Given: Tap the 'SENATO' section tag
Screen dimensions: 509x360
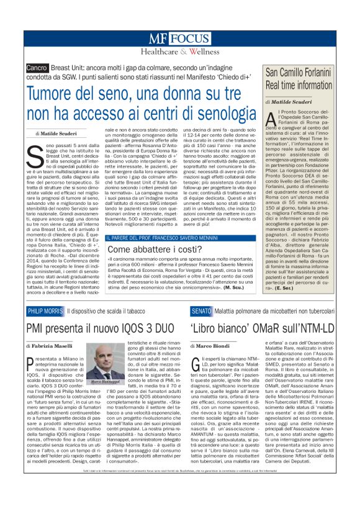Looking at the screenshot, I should (x=201, y=310).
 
